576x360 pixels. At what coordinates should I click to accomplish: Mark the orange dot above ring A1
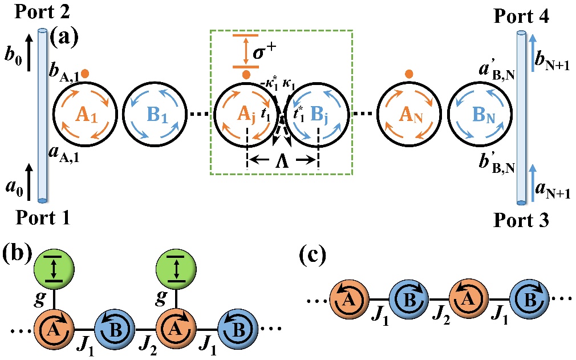[84, 74]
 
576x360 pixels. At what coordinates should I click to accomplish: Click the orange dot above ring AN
[408, 74]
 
